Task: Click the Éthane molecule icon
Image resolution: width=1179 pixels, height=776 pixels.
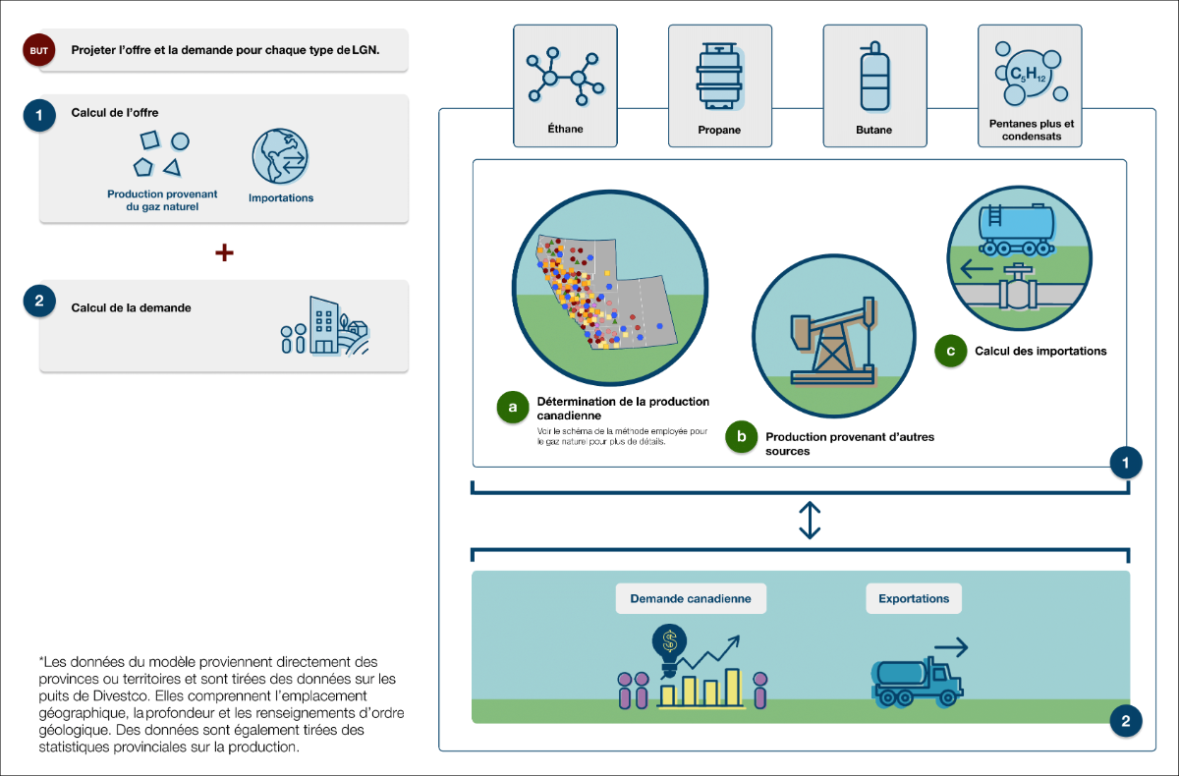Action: [564, 76]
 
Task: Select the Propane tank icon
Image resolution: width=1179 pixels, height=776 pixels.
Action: [718, 76]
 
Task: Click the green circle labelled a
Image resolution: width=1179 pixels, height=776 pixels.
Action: [513, 407]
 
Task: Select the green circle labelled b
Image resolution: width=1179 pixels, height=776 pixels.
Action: [741, 437]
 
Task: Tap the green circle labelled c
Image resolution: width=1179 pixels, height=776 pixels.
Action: [951, 351]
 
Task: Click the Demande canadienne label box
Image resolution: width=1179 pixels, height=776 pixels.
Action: [690, 598]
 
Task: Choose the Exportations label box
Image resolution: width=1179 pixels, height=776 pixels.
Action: [914, 598]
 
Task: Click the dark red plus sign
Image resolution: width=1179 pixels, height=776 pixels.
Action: [224, 252]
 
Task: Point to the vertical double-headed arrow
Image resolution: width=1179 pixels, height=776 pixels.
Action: [810, 521]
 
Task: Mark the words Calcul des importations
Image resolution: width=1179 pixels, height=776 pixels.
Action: [1040, 351]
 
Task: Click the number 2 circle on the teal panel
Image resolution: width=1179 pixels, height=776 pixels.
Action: [1126, 722]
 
